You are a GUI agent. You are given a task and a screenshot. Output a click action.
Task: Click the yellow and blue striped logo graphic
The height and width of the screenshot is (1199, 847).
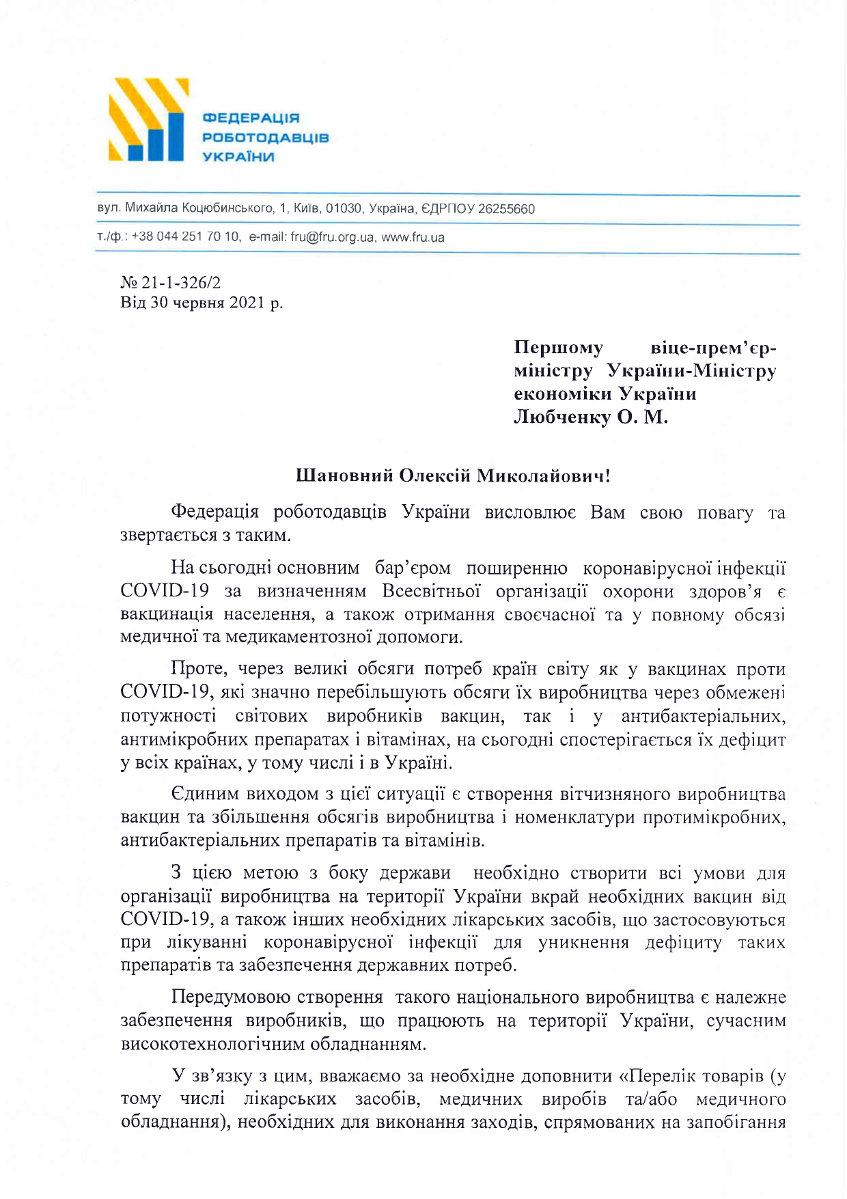tap(148, 120)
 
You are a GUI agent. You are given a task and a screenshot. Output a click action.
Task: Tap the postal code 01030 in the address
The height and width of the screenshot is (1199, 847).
tap(344, 208)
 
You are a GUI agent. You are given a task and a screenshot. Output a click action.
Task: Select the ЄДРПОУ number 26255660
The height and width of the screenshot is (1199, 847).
tap(506, 208)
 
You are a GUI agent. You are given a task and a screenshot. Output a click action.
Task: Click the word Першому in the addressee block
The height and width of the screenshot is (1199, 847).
tap(558, 348)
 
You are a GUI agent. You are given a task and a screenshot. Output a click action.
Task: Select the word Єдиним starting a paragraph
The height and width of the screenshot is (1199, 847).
tap(204, 794)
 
